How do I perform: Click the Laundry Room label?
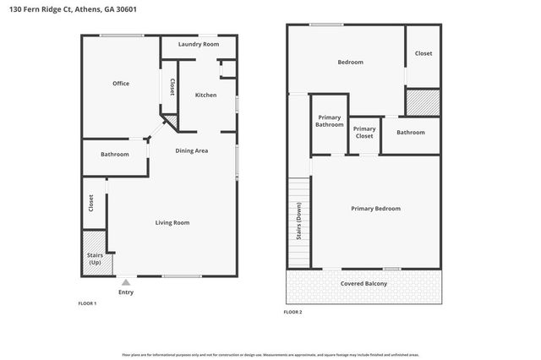199,44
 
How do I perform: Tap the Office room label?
121,83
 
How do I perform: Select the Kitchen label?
205,95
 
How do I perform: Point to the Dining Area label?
191,150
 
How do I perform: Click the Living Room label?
172,222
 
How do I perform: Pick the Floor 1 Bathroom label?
114,154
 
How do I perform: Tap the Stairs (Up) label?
95,259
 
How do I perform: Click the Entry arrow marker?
125,282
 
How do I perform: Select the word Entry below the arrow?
125,292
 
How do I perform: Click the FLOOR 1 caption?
87,303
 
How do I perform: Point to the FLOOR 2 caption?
292,312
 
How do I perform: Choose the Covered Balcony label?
363,283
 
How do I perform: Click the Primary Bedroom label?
375,208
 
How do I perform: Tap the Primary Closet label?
364,132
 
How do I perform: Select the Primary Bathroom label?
330,121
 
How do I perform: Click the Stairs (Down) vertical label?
298,223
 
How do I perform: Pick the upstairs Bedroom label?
350,62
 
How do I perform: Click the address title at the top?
68,8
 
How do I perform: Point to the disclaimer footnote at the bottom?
270,355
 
